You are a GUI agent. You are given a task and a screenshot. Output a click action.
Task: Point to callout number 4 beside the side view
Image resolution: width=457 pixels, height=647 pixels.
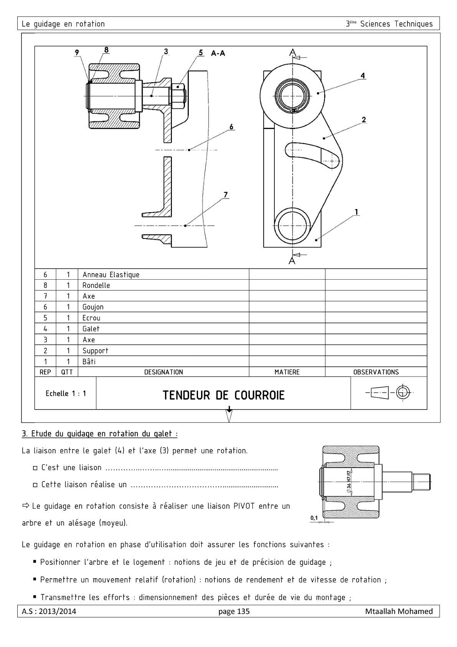[363, 76]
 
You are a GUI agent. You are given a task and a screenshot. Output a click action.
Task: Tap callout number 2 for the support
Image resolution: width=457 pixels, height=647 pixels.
[364, 120]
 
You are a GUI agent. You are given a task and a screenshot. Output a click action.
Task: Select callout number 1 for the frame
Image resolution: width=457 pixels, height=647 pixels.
[356, 212]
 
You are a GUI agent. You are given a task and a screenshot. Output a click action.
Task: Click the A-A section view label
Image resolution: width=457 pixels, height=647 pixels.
[218, 53]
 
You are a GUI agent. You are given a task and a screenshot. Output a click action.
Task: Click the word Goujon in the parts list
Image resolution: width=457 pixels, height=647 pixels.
[93, 307]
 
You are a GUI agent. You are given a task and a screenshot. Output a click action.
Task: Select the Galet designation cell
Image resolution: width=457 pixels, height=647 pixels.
[91, 329]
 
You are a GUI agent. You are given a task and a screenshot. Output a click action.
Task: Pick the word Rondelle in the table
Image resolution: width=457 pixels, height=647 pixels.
[96, 285]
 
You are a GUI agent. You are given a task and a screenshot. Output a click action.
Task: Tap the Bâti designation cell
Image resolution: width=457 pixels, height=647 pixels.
[89, 362]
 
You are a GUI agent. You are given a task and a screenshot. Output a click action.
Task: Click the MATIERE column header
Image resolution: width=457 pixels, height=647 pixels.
[287, 372]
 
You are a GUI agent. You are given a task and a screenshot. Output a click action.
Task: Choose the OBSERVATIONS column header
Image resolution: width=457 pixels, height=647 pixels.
[376, 372]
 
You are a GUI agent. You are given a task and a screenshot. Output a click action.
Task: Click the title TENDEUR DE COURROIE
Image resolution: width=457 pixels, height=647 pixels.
[223, 395]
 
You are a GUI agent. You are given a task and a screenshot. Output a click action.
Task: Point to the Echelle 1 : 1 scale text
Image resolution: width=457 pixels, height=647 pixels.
[66, 393]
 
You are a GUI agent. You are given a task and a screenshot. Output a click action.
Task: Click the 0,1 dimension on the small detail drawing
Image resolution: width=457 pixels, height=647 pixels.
[314, 518]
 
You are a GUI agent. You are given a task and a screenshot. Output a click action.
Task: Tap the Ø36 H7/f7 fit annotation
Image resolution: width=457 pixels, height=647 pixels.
[349, 481]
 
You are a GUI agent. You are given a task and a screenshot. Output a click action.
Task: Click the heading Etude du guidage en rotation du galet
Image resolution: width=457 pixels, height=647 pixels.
[100, 434]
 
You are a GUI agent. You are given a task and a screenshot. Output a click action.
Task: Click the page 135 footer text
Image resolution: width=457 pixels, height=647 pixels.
[234, 611]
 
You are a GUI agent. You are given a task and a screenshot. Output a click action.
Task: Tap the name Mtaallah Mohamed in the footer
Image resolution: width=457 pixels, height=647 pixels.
[399, 611]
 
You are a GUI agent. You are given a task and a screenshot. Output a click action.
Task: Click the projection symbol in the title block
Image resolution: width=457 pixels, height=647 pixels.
[389, 393]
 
